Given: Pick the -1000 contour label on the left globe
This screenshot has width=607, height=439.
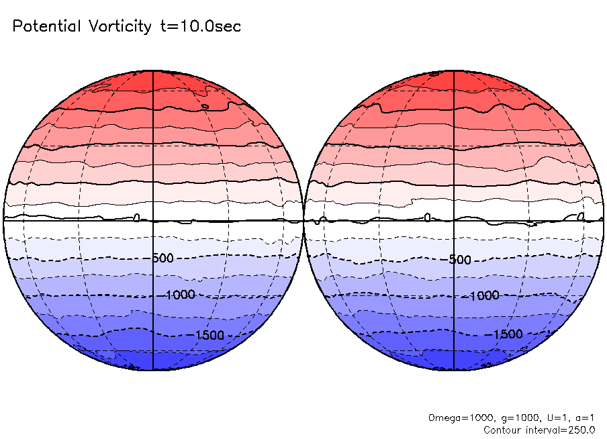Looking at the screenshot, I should click(x=180, y=295).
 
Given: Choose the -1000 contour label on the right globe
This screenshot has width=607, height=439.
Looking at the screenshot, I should click(x=483, y=295).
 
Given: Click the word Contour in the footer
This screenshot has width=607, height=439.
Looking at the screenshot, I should click(x=502, y=430).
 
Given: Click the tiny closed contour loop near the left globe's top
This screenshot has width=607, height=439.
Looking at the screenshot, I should click(x=205, y=106).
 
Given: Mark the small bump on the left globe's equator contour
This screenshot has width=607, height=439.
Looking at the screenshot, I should click(x=137, y=217).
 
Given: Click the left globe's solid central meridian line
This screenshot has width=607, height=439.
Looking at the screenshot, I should click(x=154, y=168).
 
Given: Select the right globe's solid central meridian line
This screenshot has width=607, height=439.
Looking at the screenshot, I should click(x=455, y=168).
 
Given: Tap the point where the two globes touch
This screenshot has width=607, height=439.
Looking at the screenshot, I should click(x=303, y=220).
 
